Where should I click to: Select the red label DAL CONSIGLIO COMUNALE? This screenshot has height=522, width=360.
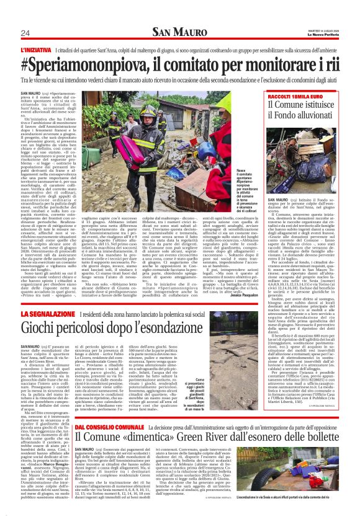[55, 410]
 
